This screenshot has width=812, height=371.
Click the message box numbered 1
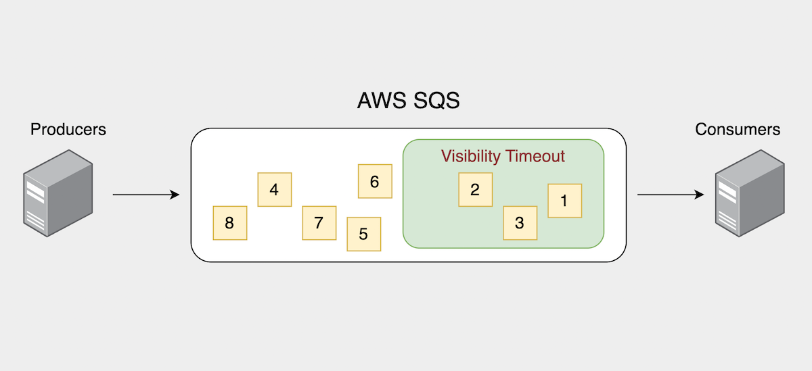(x=564, y=201)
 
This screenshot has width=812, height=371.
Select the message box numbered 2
(x=475, y=189)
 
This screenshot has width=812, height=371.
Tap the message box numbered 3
(x=520, y=223)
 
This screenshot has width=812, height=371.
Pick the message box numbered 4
(x=274, y=189)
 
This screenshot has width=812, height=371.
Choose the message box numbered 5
(x=363, y=234)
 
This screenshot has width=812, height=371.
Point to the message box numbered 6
(x=375, y=181)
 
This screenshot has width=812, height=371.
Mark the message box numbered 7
(x=319, y=222)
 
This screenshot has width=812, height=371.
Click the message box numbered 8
(x=229, y=222)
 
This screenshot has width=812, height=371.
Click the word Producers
(x=68, y=129)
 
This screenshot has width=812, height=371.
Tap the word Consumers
(x=738, y=129)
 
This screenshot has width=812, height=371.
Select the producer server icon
(x=58, y=193)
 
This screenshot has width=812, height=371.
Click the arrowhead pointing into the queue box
(x=175, y=195)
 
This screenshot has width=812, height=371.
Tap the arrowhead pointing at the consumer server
(x=700, y=195)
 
